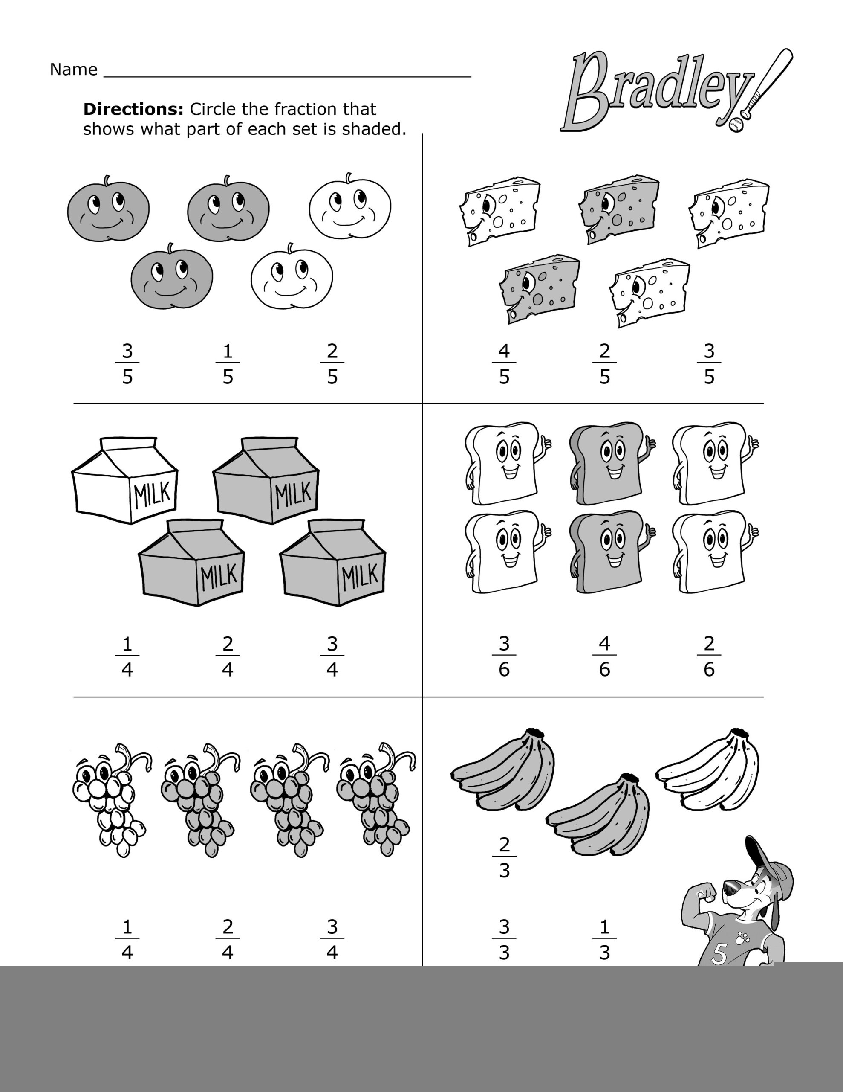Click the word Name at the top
point(73,70)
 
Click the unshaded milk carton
point(125,480)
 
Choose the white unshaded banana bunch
point(707,770)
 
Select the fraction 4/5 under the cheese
point(504,364)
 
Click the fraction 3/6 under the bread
point(504,656)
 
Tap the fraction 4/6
point(604,656)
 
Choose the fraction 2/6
point(709,656)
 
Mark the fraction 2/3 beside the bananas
point(504,857)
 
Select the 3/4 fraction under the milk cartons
point(332,656)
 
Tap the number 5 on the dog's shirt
point(719,955)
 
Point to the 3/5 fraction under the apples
point(127,364)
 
